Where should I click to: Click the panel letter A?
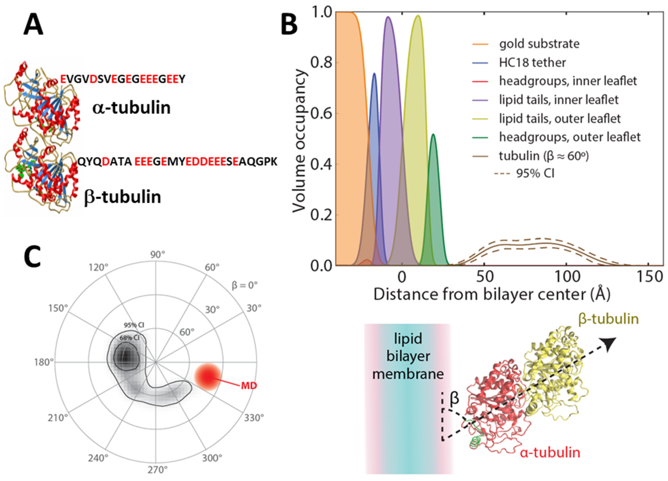[33, 26]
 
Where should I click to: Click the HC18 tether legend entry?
[532, 62]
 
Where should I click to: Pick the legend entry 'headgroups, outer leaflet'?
[570, 137]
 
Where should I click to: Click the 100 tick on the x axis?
[567, 277]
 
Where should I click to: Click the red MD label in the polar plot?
[249, 385]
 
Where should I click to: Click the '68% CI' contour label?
[129, 338]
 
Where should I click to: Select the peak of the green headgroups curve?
[433, 134]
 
